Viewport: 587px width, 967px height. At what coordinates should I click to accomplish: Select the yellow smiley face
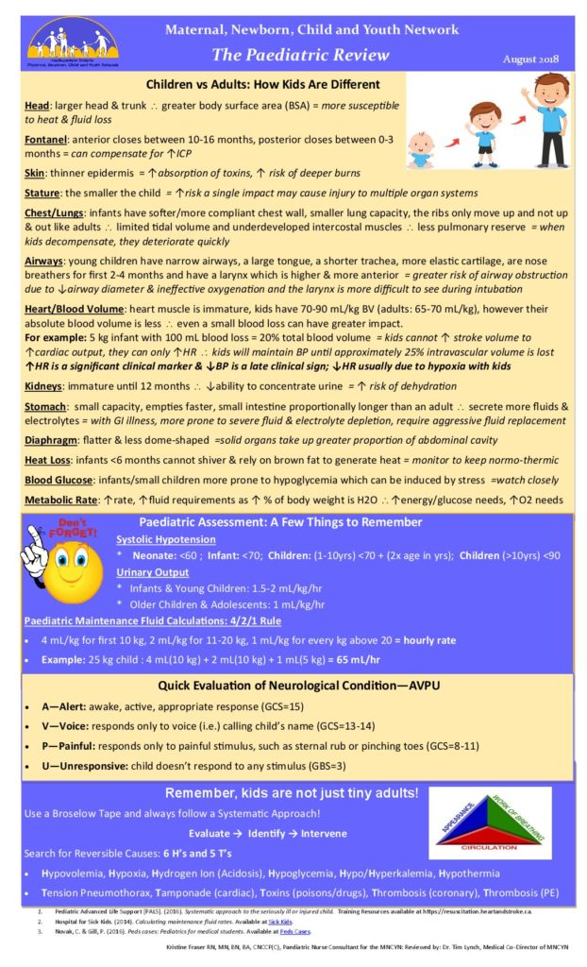click(62, 578)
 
